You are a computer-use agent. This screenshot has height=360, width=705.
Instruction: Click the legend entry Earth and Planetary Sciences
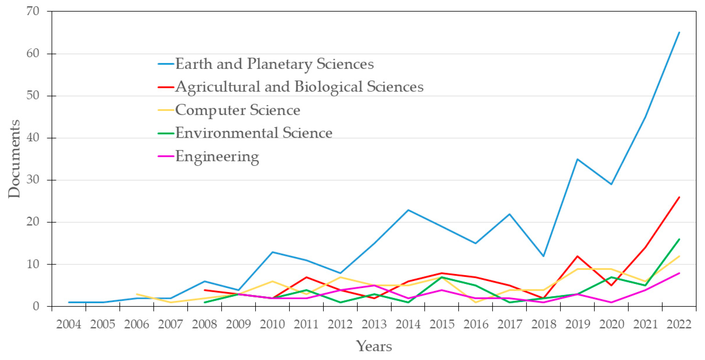pos(274,64)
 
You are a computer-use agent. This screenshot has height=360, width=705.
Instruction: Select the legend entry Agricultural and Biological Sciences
pos(299,87)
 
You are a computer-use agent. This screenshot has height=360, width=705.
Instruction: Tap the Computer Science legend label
pos(237,110)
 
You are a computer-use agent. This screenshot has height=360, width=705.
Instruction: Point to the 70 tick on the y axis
pos(33,11)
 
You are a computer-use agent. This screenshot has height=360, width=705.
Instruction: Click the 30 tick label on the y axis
pos(33,180)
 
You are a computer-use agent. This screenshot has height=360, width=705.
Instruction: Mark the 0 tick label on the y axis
pos(36,306)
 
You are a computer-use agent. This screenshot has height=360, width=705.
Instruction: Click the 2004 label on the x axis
pos(68,324)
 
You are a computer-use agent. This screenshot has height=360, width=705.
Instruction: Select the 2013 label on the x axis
pos(374,324)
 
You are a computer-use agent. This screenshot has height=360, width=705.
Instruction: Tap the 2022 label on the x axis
pos(679,324)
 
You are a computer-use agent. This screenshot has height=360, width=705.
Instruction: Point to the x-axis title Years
pos(374,346)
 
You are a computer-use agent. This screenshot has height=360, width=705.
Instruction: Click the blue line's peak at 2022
pos(679,32)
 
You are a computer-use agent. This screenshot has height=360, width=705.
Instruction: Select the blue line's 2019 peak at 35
pos(577,159)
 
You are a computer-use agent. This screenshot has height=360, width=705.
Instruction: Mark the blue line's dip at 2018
pos(543,256)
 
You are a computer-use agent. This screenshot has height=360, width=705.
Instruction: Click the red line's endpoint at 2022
pos(679,197)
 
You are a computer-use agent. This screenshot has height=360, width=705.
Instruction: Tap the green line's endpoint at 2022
pos(679,239)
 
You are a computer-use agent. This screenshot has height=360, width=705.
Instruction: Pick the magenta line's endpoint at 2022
pos(679,273)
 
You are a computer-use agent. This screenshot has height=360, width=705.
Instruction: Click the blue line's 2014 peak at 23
pos(408,210)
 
